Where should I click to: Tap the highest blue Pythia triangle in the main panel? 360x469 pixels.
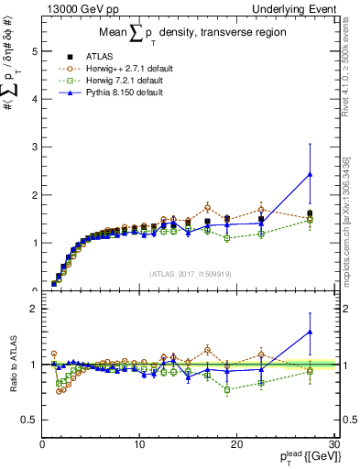pyautogui.click(x=310, y=174)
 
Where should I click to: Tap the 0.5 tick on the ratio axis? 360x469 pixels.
pyautogui.click(x=29, y=420)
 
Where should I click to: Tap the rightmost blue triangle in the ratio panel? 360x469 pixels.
pyautogui.click(x=310, y=332)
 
